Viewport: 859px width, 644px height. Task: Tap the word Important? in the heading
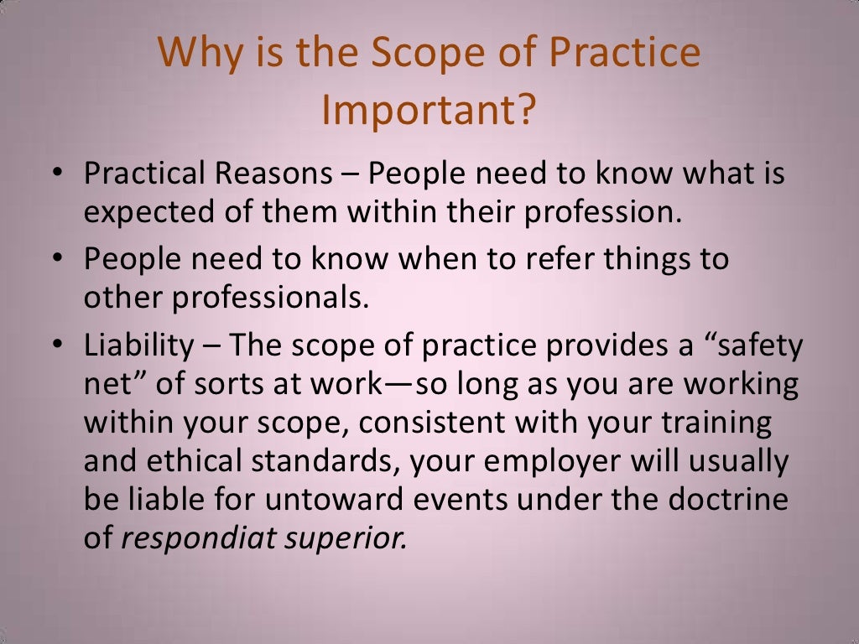click(429, 111)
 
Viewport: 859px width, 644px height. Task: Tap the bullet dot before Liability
click(56, 345)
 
